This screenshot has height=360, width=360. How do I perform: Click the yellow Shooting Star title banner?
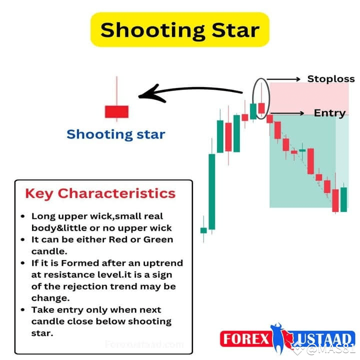pyautogui.click(x=180, y=30)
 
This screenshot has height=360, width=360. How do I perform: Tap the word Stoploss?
pyautogui.click(x=330, y=79)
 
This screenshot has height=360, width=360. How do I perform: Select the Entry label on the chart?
pyautogui.click(x=329, y=113)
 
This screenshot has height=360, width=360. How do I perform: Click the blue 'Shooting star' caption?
pyautogui.click(x=115, y=134)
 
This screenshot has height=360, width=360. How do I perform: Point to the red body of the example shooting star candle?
pyautogui.click(x=116, y=111)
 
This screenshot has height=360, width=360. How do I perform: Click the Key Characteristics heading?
pyautogui.click(x=100, y=193)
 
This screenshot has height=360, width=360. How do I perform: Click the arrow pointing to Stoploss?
pyautogui.click(x=283, y=79)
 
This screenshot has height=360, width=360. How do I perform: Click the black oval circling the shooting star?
pyautogui.click(x=261, y=97)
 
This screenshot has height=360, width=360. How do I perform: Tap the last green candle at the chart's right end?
pyautogui.click(x=343, y=199)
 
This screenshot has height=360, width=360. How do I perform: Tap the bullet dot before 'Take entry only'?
pyautogui.click(x=23, y=310)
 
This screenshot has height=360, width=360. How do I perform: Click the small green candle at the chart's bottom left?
pyautogui.click(x=203, y=230)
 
